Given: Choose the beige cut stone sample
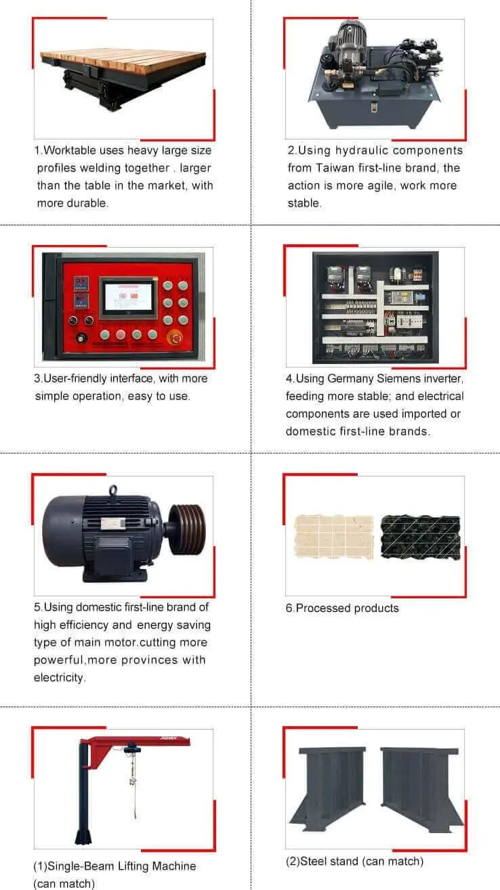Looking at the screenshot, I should coord(333,537).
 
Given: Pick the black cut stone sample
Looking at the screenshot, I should coord(420,537).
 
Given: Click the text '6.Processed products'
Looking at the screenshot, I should coord(342,608).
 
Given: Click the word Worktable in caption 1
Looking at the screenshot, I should coord(69,150).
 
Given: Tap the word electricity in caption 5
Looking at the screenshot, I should coord(60,677).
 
